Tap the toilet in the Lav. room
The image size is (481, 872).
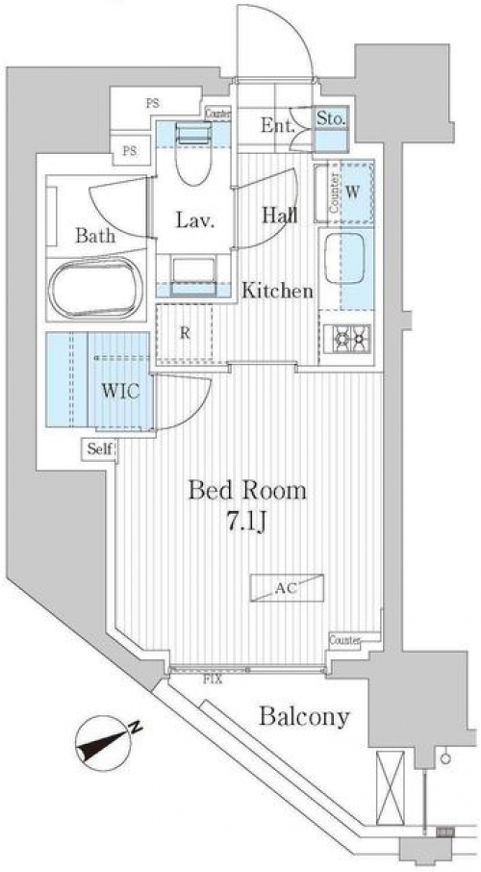(193, 155)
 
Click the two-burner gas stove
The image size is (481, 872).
(347, 337)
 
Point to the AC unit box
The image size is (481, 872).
(287, 588)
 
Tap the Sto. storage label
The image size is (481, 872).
(332, 117)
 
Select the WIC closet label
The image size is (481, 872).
(120, 391)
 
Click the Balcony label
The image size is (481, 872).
(305, 717)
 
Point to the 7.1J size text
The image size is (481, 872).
(246, 523)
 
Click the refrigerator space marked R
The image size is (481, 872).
(185, 333)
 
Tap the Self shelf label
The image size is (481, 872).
(100, 449)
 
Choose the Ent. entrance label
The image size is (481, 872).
(277, 126)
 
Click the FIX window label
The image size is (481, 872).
(212, 680)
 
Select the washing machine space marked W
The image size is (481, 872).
(351, 192)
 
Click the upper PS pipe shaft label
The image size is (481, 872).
(152, 103)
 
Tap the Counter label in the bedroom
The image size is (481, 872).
(344, 639)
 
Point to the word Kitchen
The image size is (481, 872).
(277, 291)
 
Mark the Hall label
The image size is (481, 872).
(279, 215)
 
